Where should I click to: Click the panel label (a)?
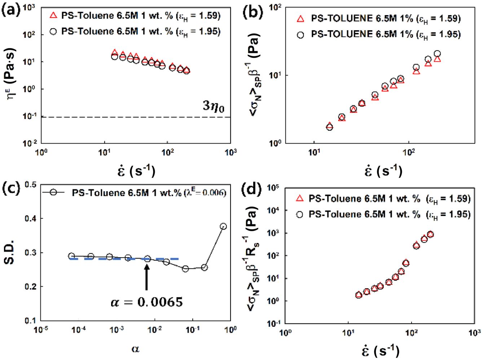click(x=11, y=9)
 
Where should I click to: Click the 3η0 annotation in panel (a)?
click(x=214, y=106)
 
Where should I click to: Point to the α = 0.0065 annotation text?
click(x=147, y=302)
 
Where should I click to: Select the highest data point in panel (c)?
click(x=223, y=227)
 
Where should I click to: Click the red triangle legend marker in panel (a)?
click(x=53, y=16)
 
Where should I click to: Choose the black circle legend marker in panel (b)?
click(x=300, y=35)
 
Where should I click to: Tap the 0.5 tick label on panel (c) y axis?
click(x=31, y=185)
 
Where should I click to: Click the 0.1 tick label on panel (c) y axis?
click(x=31, y=320)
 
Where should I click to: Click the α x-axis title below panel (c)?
click(x=135, y=348)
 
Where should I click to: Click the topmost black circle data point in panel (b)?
click(x=437, y=54)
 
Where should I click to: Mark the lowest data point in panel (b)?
click(x=329, y=127)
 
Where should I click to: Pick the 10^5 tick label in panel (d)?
click(x=273, y=188)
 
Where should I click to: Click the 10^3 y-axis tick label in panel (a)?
click(x=29, y=7)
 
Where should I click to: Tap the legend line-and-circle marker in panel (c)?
click(x=53, y=193)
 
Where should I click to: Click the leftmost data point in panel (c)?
click(x=71, y=256)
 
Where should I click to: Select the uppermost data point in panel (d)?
click(x=430, y=234)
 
